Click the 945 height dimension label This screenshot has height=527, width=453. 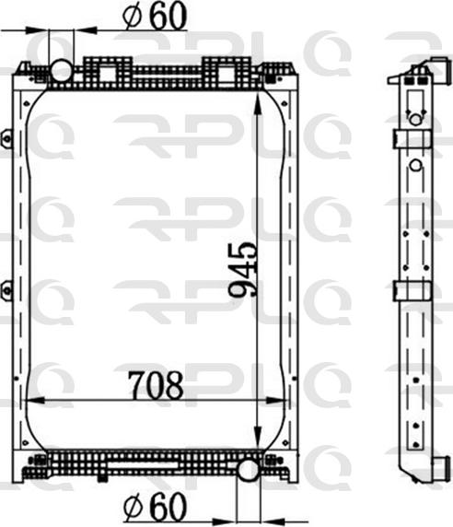(244, 270)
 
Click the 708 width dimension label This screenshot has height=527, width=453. (156, 384)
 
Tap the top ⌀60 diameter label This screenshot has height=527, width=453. (155, 17)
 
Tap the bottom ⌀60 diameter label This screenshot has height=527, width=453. (155, 507)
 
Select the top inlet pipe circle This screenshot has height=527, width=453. (61, 70)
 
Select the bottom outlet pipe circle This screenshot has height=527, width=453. (249, 470)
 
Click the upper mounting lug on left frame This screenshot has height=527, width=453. (6, 138)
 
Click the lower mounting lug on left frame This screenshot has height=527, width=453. (6, 289)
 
